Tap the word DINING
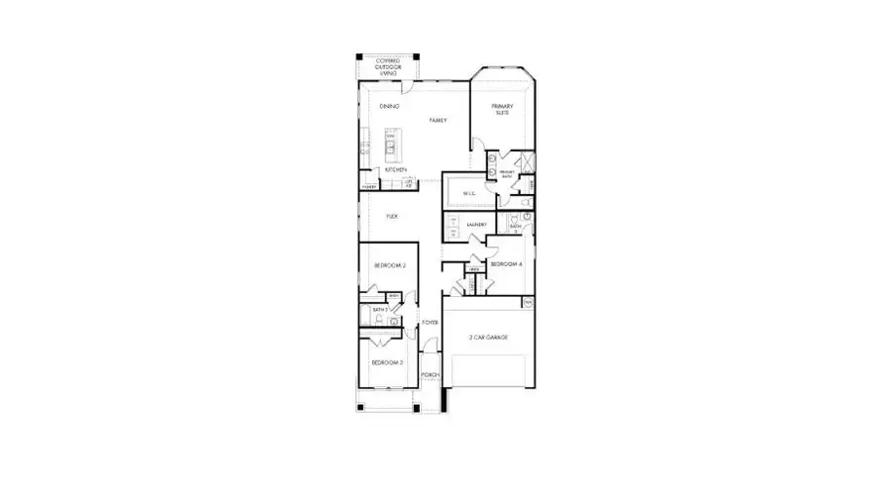click(x=389, y=106)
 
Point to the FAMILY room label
click(x=438, y=120)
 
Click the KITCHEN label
click(x=396, y=169)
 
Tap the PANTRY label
click(x=368, y=185)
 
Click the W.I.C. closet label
click(x=470, y=193)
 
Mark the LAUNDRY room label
click(x=475, y=225)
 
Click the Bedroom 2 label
click(x=390, y=265)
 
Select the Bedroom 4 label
click(x=506, y=264)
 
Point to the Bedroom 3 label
click(x=388, y=362)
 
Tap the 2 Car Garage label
click(x=488, y=338)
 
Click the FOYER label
click(x=430, y=323)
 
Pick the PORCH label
click(x=430, y=375)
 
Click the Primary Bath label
click(x=507, y=174)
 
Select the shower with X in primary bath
click(x=526, y=162)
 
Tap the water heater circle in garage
click(x=528, y=301)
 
